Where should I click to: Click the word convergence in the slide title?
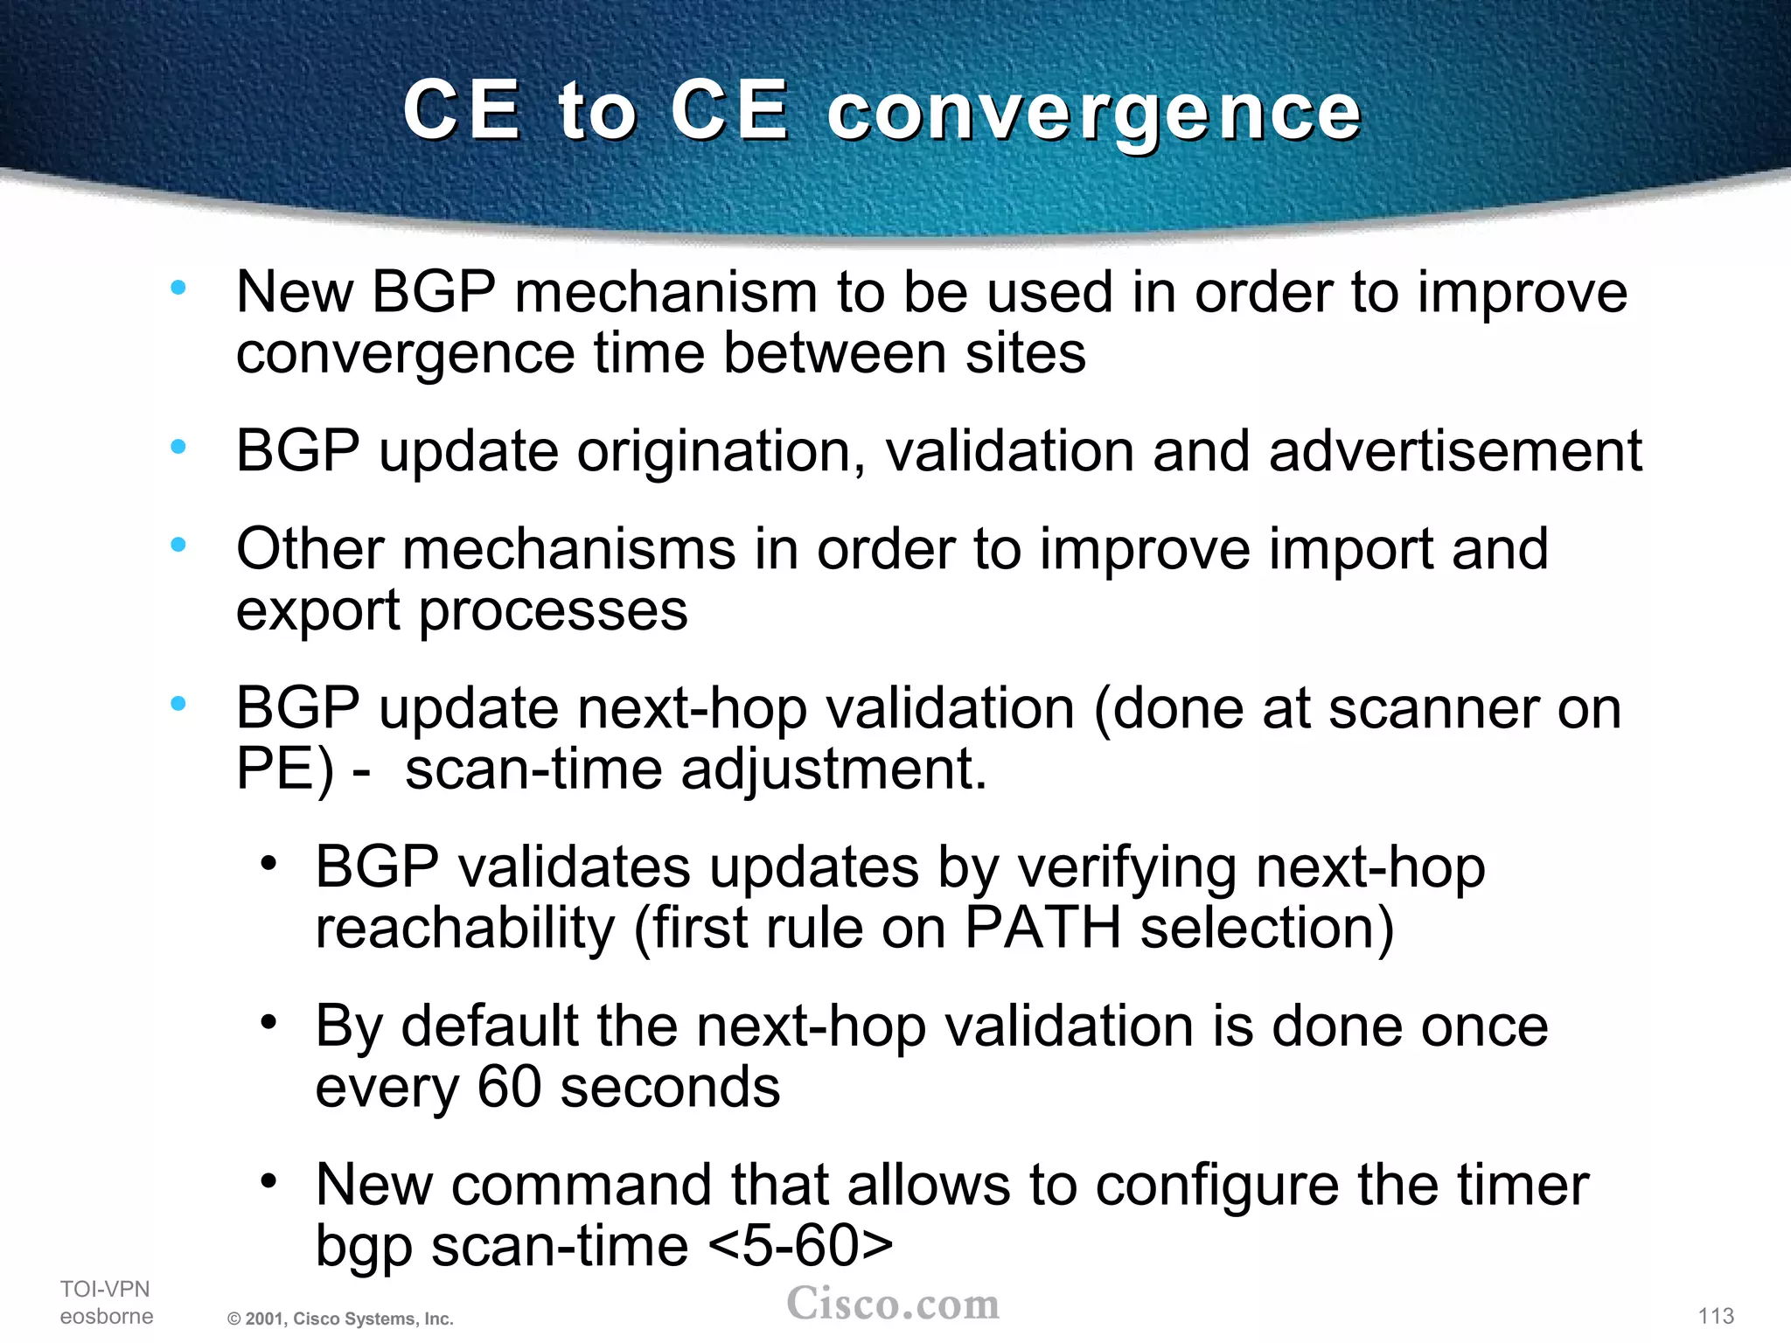[1094, 114]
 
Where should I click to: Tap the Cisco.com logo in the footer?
[893, 1304]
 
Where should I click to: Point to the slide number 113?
[1716, 1316]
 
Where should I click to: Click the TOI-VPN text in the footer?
[105, 1289]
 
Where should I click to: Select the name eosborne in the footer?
[107, 1316]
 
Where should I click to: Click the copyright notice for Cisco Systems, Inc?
[340, 1319]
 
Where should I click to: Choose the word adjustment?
[833, 769]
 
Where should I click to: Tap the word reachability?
[464, 928]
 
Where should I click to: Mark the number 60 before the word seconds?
[510, 1087]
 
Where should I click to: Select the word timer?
[1523, 1185]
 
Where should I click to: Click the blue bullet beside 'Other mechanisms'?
[178, 545]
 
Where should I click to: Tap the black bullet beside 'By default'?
[269, 1022]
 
